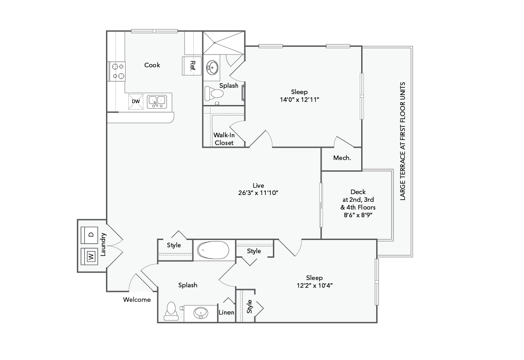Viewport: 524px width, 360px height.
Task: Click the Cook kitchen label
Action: pyautogui.click(x=152, y=65)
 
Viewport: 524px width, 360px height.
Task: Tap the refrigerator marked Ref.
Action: pyautogui.click(x=191, y=65)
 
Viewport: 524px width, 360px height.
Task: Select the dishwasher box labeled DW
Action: pyautogui.click(x=136, y=101)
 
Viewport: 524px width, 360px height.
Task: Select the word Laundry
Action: pyautogui.click(x=103, y=245)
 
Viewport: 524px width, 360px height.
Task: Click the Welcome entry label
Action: pyautogui.click(x=137, y=300)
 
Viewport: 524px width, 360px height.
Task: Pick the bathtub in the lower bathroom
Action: pyautogui.click(x=213, y=250)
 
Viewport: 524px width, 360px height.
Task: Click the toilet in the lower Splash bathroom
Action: pyautogui.click(x=171, y=309)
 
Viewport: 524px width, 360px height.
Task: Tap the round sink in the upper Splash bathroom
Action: pyautogui.click(x=212, y=67)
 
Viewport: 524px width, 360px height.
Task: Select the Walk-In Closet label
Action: pyautogui.click(x=224, y=139)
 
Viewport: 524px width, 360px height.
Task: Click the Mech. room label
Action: pyautogui.click(x=342, y=158)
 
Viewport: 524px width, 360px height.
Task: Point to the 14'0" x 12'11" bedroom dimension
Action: pyautogui.click(x=300, y=99)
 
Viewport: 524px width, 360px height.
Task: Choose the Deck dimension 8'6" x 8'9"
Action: pyautogui.click(x=358, y=215)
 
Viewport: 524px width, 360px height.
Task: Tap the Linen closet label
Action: pyautogui.click(x=227, y=312)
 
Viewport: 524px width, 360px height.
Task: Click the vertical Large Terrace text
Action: pyautogui.click(x=402, y=141)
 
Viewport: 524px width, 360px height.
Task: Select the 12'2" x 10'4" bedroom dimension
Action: pyautogui.click(x=314, y=285)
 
